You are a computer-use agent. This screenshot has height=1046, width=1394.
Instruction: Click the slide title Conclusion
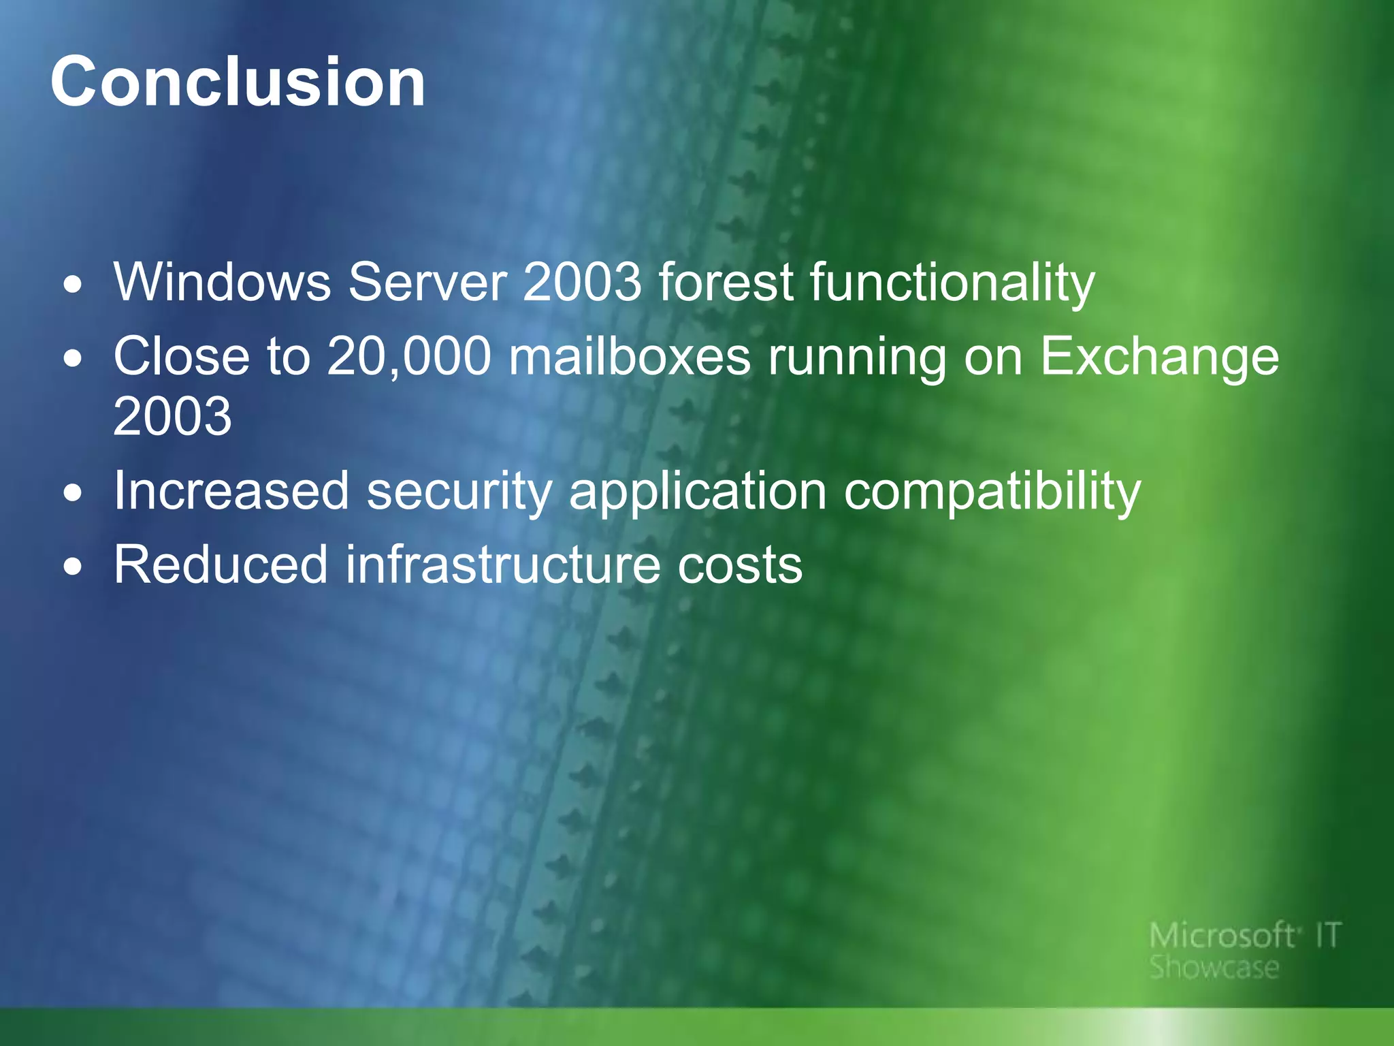(x=238, y=82)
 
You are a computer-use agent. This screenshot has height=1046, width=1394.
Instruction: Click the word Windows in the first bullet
(x=222, y=282)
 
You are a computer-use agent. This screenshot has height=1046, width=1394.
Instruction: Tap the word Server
(x=427, y=282)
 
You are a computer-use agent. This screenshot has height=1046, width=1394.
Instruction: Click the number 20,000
(x=408, y=356)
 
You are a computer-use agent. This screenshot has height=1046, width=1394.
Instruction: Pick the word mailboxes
(x=630, y=356)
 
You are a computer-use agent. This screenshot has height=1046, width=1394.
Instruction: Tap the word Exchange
(x=1159, y=358)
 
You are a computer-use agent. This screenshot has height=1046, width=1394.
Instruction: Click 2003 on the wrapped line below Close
(x=172, y=416)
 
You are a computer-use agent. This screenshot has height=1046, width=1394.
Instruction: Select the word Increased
(x=231, y=490)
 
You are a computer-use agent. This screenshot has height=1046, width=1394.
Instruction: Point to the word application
(x=697, y=492)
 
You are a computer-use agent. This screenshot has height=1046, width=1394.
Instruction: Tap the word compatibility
(x=992, y=492)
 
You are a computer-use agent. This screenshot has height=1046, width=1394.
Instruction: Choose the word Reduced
(x=221, y=565)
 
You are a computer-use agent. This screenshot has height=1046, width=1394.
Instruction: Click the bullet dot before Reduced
(x=73, y=567)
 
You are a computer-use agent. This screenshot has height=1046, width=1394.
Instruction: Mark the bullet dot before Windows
(x=73, y=284)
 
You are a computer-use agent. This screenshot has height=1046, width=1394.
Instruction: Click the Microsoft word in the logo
(x=1221, y=936)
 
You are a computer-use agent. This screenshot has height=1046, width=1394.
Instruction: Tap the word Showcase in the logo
(x=1214, y=968)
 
